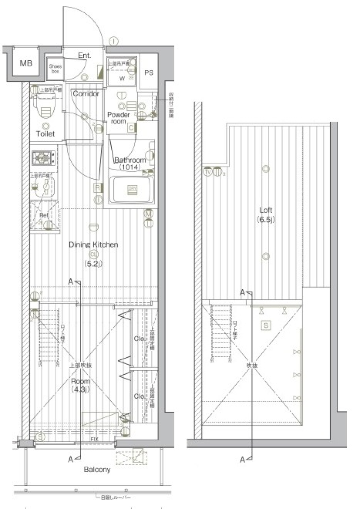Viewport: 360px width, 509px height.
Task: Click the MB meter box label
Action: tap(26, 63)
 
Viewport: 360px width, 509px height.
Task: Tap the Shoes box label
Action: tap(55, 69)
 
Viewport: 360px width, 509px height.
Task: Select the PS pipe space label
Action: tap(149, 73)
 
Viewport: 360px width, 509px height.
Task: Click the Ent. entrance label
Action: tap(84, 56)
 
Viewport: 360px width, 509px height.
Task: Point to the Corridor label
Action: tap(86, 93)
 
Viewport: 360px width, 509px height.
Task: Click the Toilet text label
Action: tap(45, 134)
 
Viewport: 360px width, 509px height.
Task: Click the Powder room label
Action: tap(118, 118)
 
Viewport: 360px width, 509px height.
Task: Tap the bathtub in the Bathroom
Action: tap(131, 190)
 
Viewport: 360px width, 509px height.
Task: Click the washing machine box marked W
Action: tap(121, 78)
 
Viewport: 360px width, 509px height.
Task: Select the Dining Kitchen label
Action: tap(93, 245)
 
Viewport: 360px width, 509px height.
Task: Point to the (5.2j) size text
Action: tap(93, 264)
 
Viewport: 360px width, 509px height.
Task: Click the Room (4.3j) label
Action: tap(81, 385)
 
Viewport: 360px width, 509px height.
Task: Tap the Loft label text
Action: tap(266, 210)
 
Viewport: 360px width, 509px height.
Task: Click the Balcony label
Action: tap(97, 469)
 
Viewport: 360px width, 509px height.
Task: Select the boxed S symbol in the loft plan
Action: tap(266, 325)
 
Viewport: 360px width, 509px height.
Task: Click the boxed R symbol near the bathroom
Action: tap(97, 187)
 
